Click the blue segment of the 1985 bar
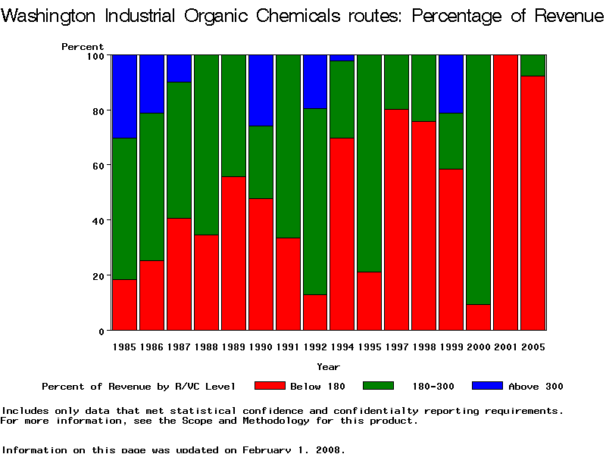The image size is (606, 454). coord(124,96)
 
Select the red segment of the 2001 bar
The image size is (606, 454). coord(506,193)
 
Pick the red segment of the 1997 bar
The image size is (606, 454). coord(397,219)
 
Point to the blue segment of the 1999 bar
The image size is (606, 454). coord(451,83)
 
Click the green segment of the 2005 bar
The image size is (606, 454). coord(533,65)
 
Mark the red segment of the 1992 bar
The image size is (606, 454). coord(315,312)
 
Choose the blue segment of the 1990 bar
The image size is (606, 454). coord(261,90)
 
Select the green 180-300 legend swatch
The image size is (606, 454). coord(379,386)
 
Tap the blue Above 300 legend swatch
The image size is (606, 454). coord(487,386)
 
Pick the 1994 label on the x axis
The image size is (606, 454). coord(342,347)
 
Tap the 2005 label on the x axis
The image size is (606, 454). coord(533,347)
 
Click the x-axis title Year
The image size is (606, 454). coord(328,367)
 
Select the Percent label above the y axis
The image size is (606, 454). coord(83,46)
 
